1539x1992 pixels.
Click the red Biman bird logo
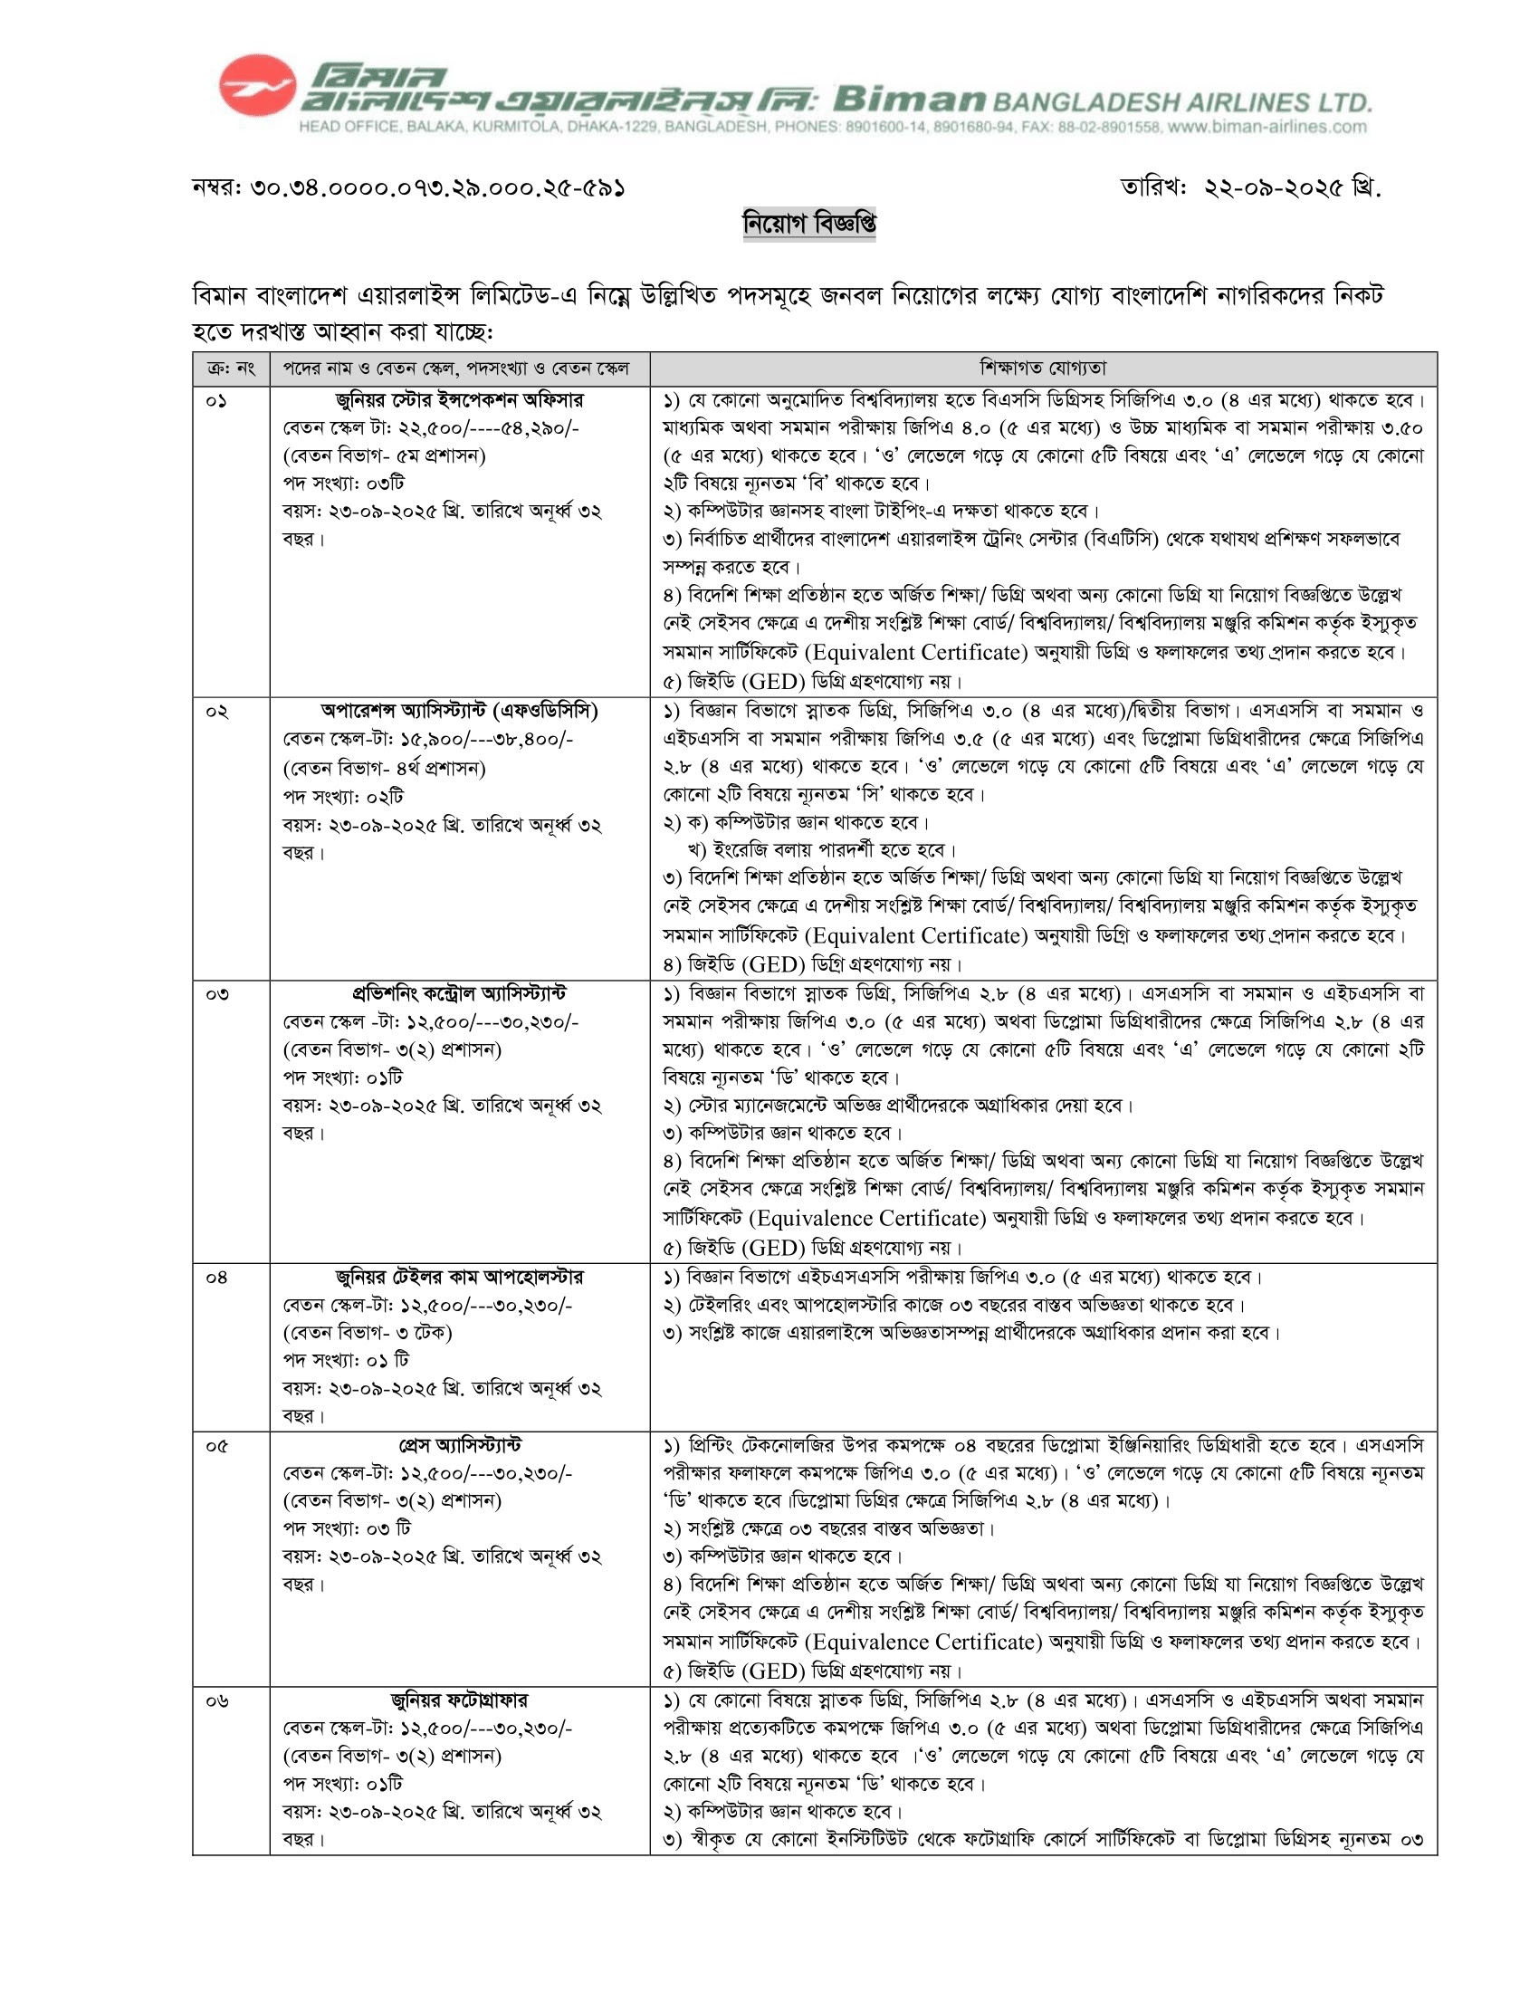coord(257,86)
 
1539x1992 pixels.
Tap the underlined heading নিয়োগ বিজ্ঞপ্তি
coord(808,224)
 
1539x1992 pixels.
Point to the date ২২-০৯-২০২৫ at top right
coord(1275,188)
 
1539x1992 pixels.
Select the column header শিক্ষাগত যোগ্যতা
coord(1043,369)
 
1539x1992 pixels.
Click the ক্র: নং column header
coord(231,369)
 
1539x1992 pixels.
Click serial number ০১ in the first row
coord(216,401)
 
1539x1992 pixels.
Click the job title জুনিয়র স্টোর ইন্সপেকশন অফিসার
coord(459,400)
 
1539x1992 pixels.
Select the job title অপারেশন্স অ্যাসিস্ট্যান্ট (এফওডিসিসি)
coord(459,711)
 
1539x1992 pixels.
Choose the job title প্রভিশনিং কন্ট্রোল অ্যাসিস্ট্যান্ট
coord(459,993)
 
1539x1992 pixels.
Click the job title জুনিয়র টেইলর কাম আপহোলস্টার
coord(459,1277)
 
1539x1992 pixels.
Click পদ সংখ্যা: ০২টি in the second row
coord(343,796)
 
